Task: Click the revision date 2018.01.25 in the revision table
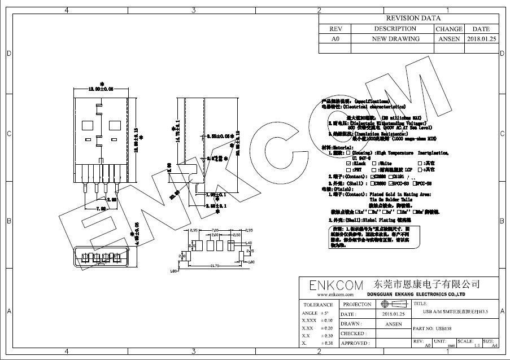click(x=481, y=39)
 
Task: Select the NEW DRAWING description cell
click(x=395, y=39)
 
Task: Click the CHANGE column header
click(x=449, y=29)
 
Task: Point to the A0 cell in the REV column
click(x=335, y=39)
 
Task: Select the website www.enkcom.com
click(x=335, y=295)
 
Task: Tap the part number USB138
click(x=444, y=328)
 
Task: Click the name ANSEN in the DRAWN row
click(x=394, y=324)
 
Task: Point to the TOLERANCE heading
click(x=318, y=305)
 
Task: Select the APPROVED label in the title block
click(x=355, y=343)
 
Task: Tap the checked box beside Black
click(x=348, y=163)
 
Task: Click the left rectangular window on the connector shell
click(x=88, y=123)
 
